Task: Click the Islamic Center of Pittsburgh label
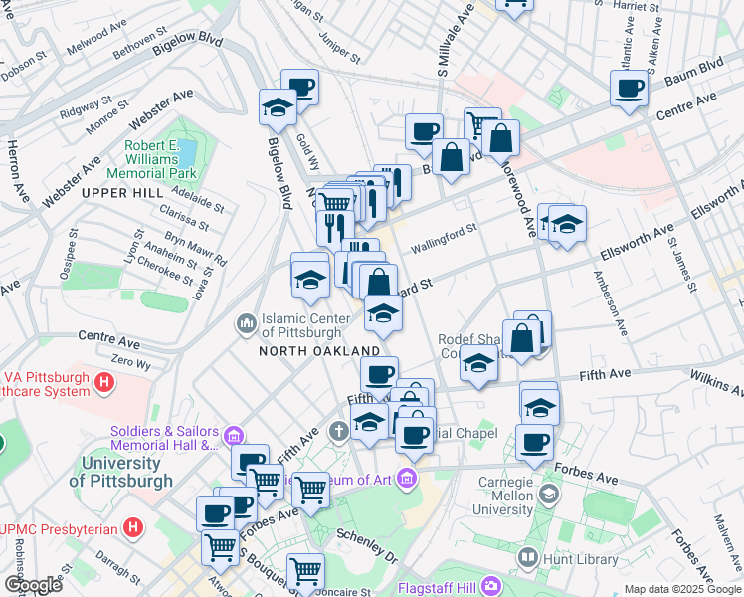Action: click(305, 325)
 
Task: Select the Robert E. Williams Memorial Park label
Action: click(156, 158)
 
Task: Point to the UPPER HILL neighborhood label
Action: click(121, 192)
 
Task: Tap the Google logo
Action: click(33, 585)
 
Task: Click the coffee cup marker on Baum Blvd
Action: click(629, 89)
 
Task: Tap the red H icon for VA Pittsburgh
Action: click(103, 380)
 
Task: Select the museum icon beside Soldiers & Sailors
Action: click(233, 435)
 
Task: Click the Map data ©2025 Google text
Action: click(682, 589)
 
